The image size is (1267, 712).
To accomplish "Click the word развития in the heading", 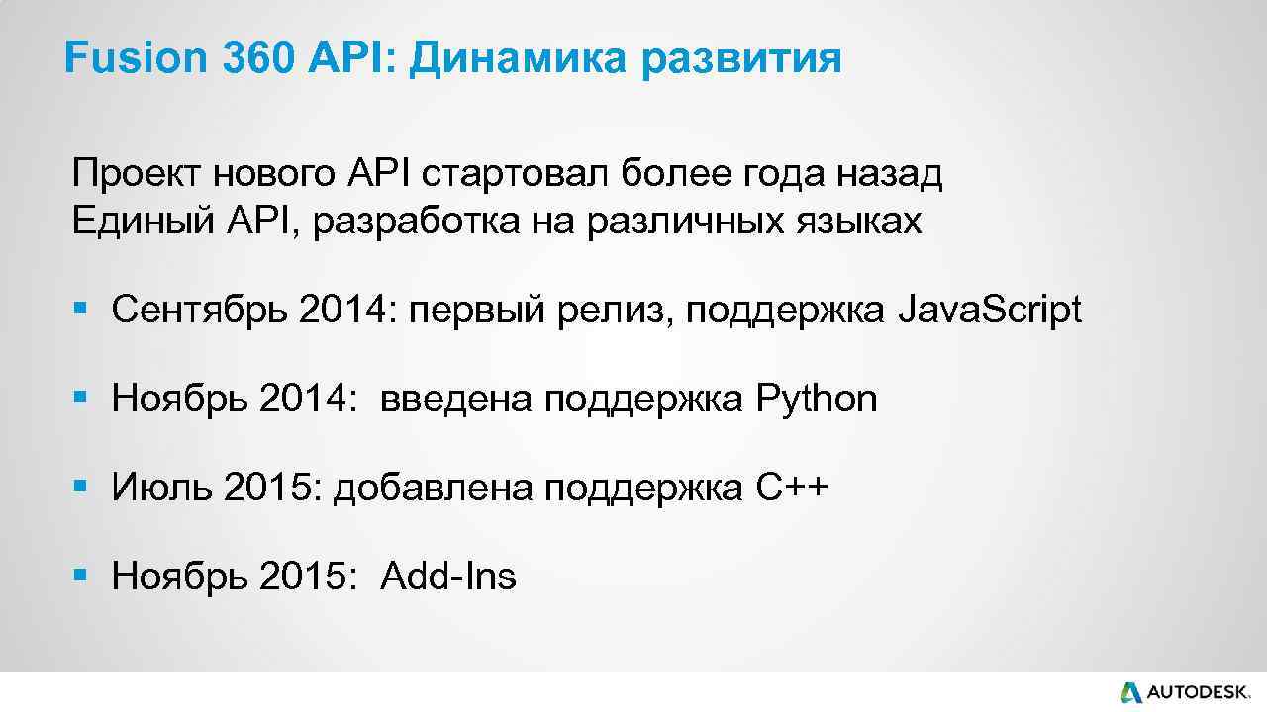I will coord(742,61).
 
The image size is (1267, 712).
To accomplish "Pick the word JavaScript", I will coord(989,311).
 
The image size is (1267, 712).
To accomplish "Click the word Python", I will coord(816,400).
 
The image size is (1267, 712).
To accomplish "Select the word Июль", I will coord(162,488).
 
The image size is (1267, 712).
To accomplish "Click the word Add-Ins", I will coord(448,576).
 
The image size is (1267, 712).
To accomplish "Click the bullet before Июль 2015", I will coord(81,489).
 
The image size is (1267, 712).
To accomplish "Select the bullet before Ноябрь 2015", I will coord(81,577).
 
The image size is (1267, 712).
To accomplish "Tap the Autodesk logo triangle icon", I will coord(1130,692).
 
